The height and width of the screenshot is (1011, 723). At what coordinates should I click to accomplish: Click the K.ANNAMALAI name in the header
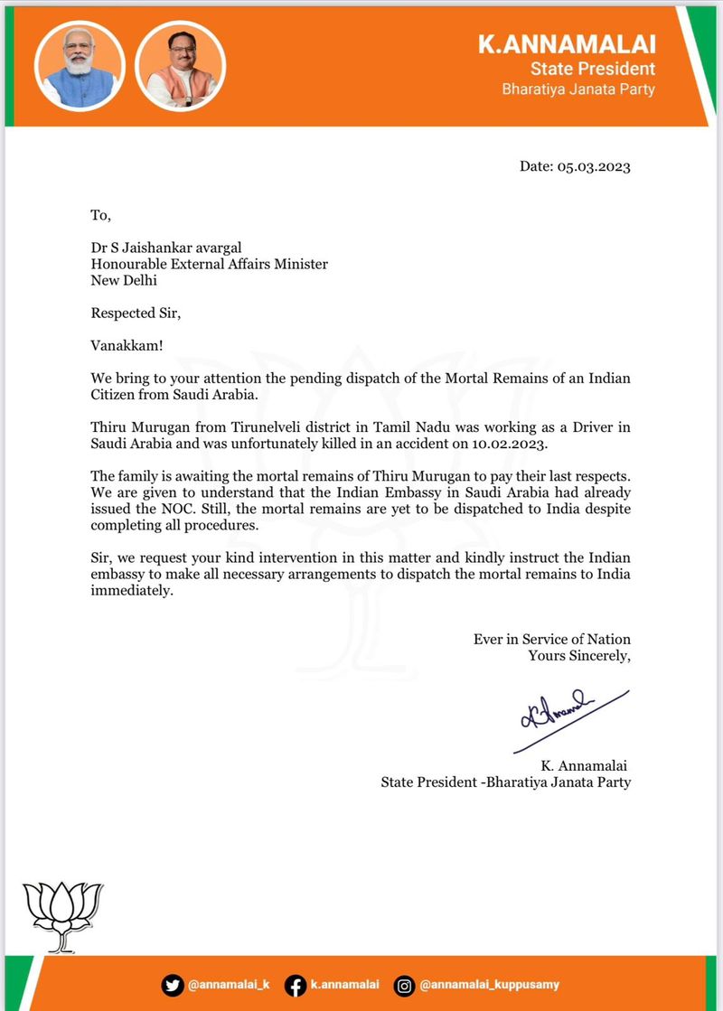567,44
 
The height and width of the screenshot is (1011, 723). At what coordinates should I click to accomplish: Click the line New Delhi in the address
124,280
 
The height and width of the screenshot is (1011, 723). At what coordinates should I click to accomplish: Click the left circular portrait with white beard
79,66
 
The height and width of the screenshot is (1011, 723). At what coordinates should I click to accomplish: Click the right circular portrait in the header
180,66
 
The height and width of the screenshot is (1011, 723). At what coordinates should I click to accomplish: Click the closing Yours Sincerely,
579,655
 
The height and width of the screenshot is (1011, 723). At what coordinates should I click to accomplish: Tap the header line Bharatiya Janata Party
578,89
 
